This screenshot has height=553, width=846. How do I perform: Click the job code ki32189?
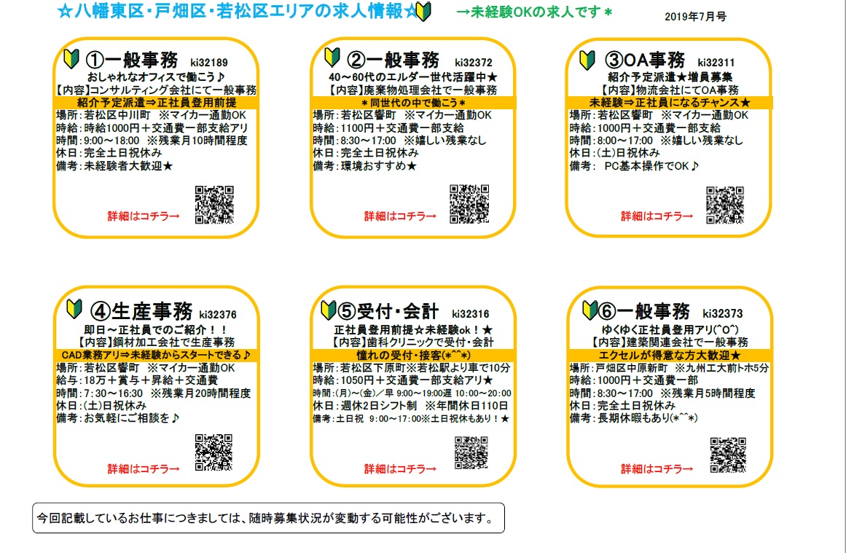[209, 63]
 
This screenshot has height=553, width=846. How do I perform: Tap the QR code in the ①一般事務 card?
[214, 205]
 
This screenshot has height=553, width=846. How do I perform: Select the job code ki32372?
[473, 63]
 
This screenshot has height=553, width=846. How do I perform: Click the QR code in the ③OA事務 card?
[725, 205]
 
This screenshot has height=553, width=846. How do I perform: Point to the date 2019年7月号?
[695, 17]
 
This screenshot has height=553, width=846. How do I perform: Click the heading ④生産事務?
[141, 311]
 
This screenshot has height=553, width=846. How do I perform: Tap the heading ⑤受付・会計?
[388, 311]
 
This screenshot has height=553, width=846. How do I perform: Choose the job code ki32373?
[722, 313]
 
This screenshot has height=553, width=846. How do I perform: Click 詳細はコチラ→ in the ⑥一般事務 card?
[657, 468]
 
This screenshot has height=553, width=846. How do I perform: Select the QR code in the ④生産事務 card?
[214, 452]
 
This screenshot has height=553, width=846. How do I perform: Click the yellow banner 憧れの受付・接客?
[413, 355]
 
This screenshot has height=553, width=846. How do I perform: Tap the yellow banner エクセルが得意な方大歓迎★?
[670, 355]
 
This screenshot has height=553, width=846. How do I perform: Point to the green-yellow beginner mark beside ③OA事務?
[587, 59]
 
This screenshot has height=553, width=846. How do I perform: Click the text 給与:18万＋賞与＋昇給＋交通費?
[137, 380]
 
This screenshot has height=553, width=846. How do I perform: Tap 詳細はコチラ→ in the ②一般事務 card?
[400, 216]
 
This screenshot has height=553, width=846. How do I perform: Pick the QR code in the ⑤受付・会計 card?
[471, 452]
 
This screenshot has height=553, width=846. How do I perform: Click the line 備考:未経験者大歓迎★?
[114, 166]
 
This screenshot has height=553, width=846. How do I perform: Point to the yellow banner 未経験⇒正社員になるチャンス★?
[670, 103]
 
